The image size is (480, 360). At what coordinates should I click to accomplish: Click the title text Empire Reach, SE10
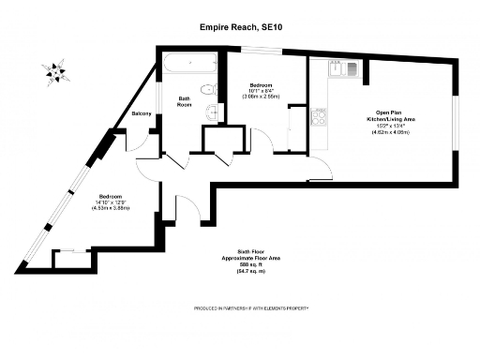pos(240,27)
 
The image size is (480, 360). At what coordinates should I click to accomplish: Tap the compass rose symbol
pos(54,69)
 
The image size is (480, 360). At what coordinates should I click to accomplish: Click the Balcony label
pos(142,113)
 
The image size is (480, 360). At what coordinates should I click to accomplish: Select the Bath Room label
pos(185,101)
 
